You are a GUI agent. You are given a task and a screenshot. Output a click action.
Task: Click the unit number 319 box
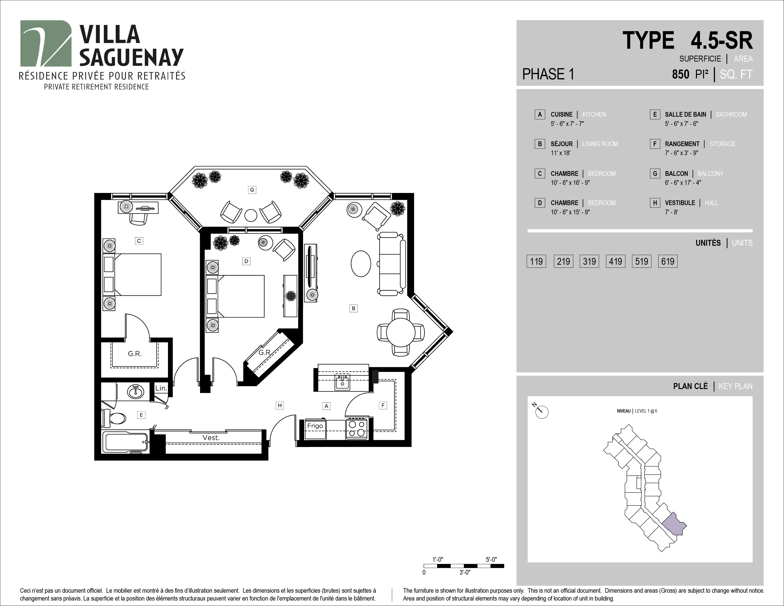(589, 261)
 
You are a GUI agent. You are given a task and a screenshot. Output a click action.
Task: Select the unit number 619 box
(668, 261)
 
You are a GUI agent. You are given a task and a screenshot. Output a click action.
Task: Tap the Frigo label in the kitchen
(315, 426)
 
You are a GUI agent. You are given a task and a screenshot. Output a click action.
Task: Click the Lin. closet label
(161, 388)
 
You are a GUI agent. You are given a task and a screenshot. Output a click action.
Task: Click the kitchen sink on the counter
(342, 382)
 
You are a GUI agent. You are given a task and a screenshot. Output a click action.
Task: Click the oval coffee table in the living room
(360, 263)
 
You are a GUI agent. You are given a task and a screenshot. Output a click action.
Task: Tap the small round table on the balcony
(251, 215)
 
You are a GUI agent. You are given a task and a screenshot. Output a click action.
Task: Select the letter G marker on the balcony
(252, 190)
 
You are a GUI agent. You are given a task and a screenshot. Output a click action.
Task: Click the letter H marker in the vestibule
(280, 405)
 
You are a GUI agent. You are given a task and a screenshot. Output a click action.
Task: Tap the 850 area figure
(681, 74)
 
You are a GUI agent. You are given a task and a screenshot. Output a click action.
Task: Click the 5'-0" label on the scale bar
(491, 559)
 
